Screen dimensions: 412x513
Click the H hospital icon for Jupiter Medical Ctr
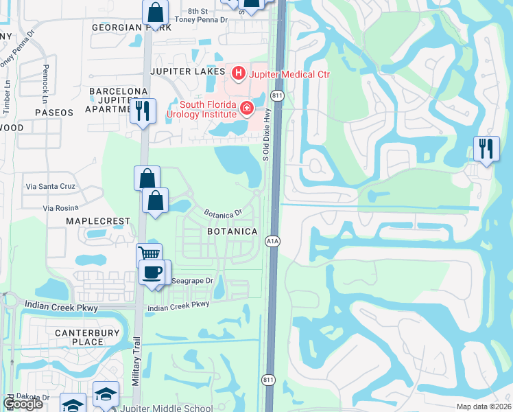pyautogui.click(x=238, y=72)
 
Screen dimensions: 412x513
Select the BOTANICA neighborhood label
pyautogui.click(x=232, y=232)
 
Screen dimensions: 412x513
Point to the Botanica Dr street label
pyautogui.click(x=224, y=214)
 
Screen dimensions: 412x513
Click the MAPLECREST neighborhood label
pyautogui.click(x=97, y=221)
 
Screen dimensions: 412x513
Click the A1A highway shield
pyautogui.click(x=272, y=241)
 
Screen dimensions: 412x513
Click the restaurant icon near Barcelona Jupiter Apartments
pyautogui.click(x=143, y=111)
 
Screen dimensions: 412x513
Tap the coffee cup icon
pyautogui.click(x=152, y=271)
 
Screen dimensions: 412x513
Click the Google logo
pyautogui.click(x=24, y=404)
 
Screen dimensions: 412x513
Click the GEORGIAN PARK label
pyautogui.click(x=131, y=27)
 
